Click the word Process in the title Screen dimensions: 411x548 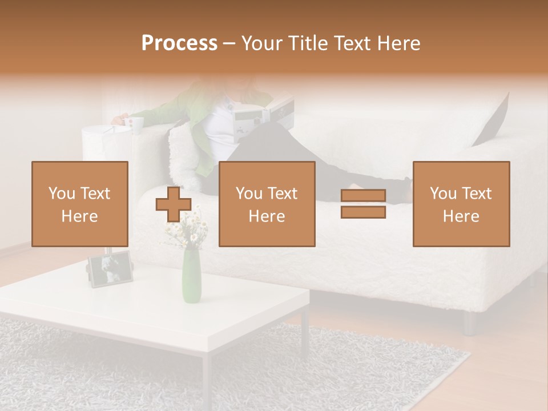[179, 43]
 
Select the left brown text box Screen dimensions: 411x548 [80, 204]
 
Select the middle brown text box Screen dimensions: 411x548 [267, 204]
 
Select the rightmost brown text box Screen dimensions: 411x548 [461, 204]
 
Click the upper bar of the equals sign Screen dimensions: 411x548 [363, 196]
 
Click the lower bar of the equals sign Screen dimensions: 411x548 [363, 212]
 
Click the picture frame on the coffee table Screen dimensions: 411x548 [111, 269]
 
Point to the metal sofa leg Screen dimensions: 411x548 [470, 323]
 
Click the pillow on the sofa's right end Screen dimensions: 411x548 [493, 120]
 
